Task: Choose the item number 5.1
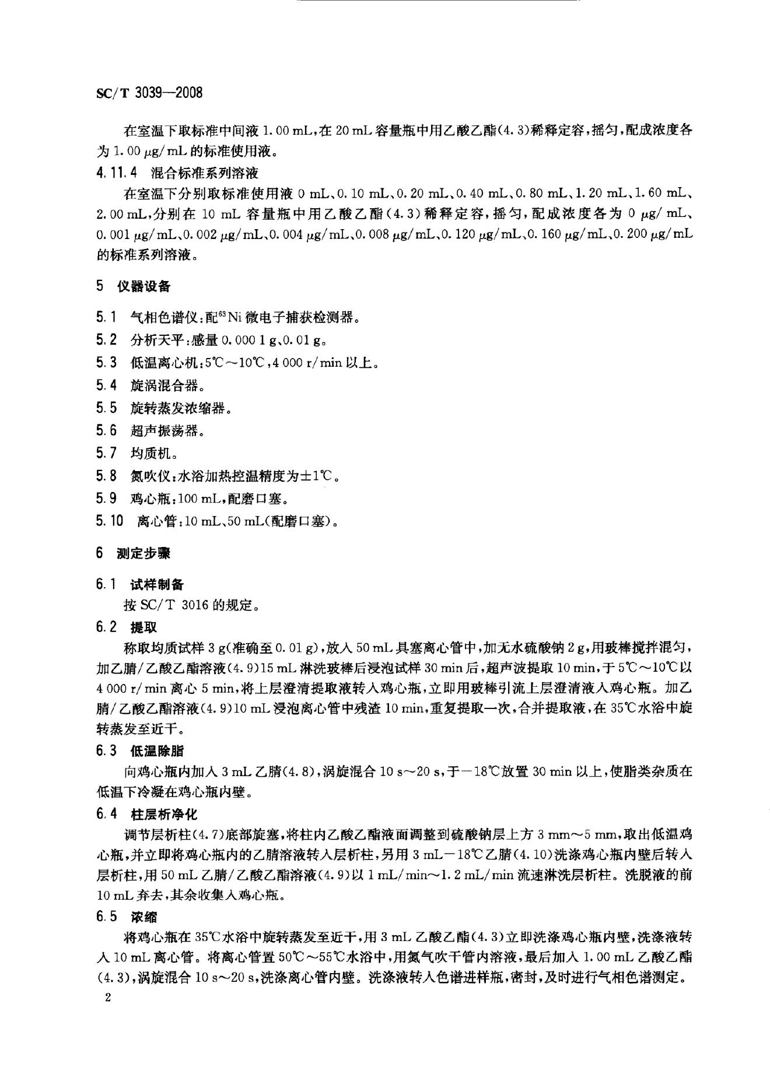[106, 317]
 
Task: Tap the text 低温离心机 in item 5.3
[159, 363]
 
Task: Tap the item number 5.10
[110, 521]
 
